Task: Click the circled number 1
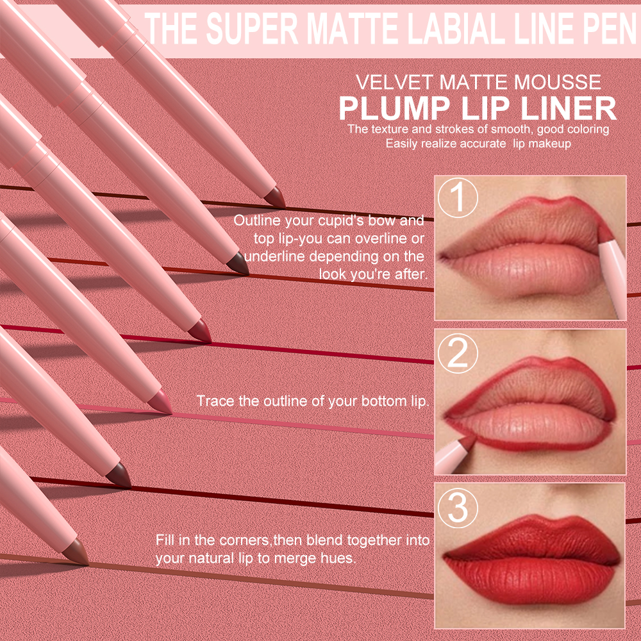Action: point(458,198)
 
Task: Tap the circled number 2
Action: point(458,353)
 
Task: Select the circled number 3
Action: point(458,507)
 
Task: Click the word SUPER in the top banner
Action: point(252,29)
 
